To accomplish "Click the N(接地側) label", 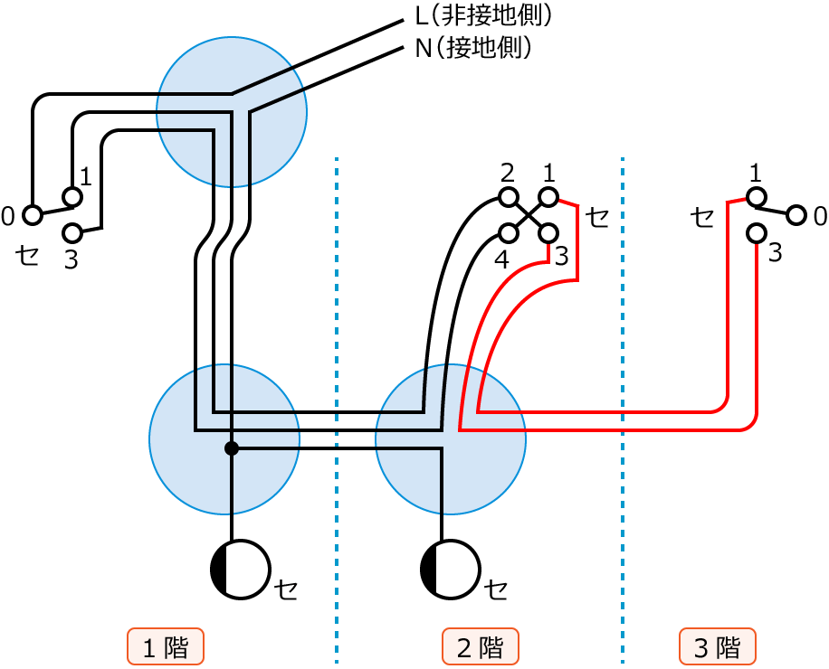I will pyautogui.click(x=472, y=47).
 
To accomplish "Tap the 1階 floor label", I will pyautogui.click(x=166, y=647).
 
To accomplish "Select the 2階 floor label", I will pyautogui.click(x=480, y=647).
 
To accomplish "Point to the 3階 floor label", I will pyautogui.click(x=717, y=647).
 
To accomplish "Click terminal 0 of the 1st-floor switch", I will pyautogui.click(x=33, y=215).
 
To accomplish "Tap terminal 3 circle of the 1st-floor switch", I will pyautogui.click(x=71, y=233).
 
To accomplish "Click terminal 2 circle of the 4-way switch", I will pyautogui.click(x=509, y=197).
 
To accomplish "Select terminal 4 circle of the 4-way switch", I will pyautogui.click(x=509, y=233).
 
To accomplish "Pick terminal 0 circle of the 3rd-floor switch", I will pyautogui.click(x=796, y=215).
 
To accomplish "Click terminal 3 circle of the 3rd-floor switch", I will pyautogui.click(x=757, y=233).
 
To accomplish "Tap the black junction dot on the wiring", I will pyautogui.click(x=231, y=448).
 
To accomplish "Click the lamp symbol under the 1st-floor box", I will pyautogui.click(x=240, y=570).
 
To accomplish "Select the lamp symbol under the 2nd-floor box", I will pyautogui.click(x=451, y=570).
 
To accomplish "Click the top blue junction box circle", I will pyautogui.click(x=232, y=111).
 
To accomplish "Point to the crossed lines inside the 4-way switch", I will pyautogui.click(x=529, y=215).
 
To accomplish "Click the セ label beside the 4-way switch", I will pyautogui.click(x=598, y=216).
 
